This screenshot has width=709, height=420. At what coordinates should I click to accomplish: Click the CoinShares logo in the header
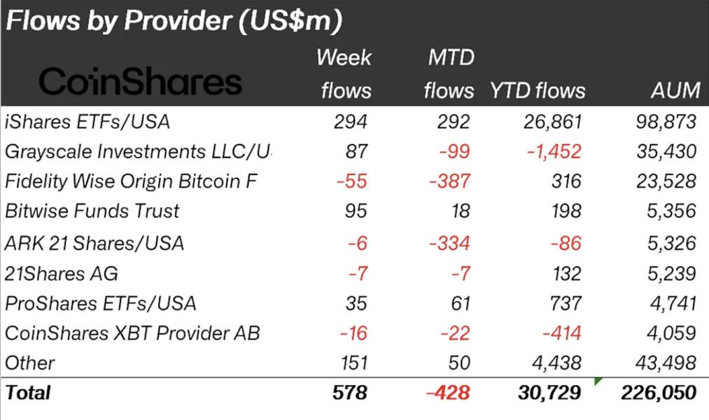[140, 83]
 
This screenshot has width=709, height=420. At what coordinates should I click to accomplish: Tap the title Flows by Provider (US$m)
[174, 21]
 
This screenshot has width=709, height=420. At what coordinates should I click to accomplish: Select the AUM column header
[674, 90]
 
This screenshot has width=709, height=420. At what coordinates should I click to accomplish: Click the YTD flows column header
[537, 90]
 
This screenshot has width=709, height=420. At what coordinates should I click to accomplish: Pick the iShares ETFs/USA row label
[87, 122]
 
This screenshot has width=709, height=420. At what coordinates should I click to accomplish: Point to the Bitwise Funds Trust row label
[92, 211]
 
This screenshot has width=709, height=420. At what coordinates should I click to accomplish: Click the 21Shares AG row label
[61, 273]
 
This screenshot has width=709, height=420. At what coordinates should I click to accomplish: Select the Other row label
[29, 363]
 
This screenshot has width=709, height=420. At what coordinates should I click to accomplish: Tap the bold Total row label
[28, 393]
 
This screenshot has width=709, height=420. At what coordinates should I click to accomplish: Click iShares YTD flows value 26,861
[552, 122]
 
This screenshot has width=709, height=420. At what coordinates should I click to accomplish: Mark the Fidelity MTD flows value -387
[450, 181]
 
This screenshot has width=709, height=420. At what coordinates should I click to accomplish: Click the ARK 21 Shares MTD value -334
[450, 243]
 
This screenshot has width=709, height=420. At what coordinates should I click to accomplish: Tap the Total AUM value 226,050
[659, 393]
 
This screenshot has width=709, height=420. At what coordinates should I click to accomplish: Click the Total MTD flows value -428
[449, 393]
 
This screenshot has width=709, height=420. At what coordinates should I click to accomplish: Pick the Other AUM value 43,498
[664, 363]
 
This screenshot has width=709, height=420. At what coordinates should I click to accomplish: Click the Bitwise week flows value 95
[356, 211]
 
